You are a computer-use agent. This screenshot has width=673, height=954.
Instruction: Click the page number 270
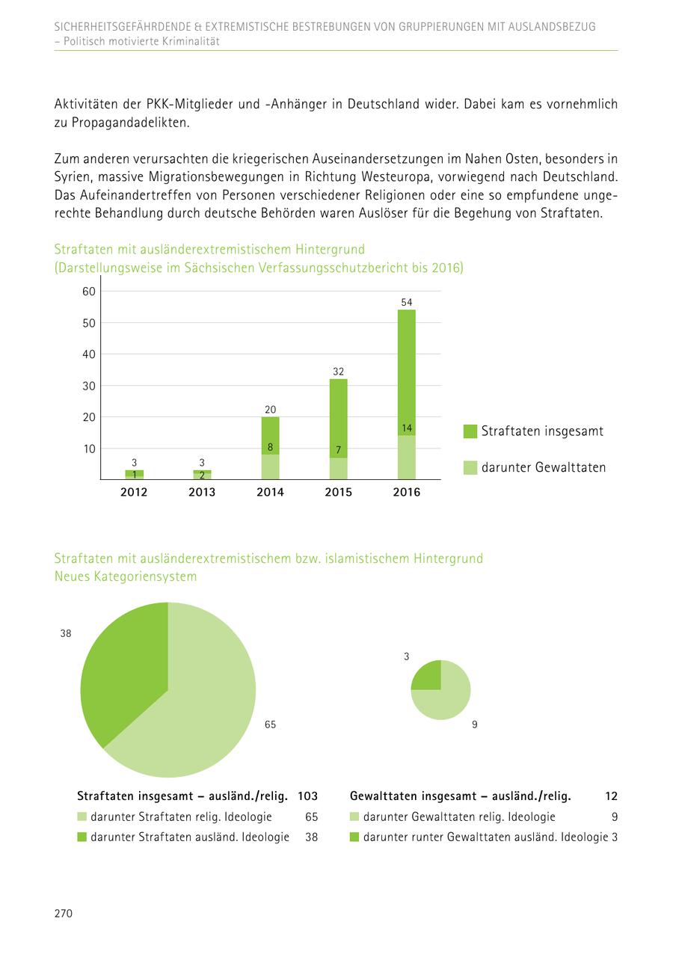[63, 913]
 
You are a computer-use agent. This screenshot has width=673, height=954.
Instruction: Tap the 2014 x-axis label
[270, 492]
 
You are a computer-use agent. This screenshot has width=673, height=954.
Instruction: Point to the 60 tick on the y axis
[88, 291]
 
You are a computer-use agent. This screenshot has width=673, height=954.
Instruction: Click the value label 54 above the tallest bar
[406, 302]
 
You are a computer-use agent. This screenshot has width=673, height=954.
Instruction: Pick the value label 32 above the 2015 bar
[338, 372]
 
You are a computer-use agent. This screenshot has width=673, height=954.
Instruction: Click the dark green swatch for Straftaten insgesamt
[470, 431]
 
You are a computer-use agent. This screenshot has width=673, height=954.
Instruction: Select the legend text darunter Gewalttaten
[543, 467]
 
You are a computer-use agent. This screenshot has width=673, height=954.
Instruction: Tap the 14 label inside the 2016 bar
[406, 428]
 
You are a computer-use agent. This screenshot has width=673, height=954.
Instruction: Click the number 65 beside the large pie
[270, 724]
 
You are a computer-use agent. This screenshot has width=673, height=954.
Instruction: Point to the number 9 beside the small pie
[475, 724]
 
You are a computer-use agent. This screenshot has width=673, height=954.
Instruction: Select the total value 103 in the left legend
[307, 796]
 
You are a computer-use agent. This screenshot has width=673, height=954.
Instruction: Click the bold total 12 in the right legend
[611, 796]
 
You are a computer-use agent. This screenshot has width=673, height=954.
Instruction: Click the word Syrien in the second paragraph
[72, 178]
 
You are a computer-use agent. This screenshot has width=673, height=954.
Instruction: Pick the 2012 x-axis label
[134, 492]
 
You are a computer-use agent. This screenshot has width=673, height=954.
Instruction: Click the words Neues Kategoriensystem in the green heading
[126, 576]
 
